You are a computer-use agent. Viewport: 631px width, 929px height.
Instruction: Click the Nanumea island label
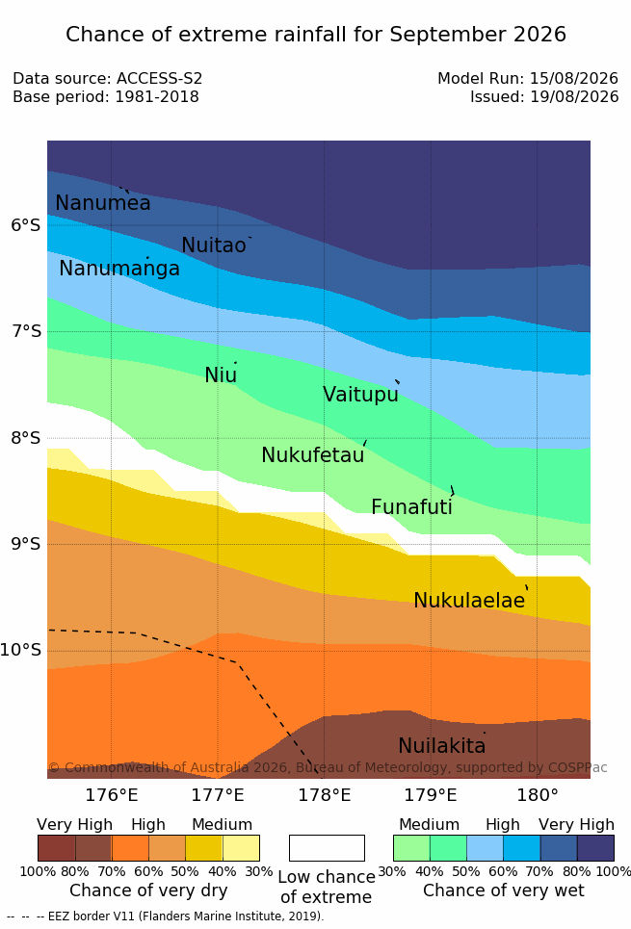tap(102, 202)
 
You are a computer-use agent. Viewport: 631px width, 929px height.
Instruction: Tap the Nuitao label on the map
tap(214, 245)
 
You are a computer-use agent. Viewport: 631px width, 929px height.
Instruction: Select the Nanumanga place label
tap(119, 269)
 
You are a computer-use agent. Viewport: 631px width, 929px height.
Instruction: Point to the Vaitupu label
tap(360, 394)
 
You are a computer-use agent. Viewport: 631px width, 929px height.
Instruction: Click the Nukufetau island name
tap(312, 454)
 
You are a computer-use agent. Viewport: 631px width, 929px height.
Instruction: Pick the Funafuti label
tap(411, 506)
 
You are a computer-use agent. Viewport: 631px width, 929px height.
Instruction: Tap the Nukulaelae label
tap(469, 600)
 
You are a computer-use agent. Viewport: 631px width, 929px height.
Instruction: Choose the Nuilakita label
tap(442, 745)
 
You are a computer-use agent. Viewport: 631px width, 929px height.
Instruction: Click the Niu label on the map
tap(221, 374)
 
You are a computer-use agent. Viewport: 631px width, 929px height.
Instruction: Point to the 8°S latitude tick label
tap(26, 438)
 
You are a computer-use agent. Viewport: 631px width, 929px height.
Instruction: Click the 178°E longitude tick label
tap(325, 794)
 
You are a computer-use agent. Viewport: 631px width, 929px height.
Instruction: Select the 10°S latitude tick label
tap(21, 650)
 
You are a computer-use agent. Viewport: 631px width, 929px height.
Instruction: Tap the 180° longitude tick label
tap(538, 794)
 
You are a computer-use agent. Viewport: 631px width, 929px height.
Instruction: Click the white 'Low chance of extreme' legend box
tap(327, 848)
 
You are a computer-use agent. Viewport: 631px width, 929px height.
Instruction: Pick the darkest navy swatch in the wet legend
tap(595, 848)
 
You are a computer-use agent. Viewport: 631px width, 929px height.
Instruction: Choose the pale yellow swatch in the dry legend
tap(241, 848)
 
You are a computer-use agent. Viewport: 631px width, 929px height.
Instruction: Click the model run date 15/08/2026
tap(574, 78)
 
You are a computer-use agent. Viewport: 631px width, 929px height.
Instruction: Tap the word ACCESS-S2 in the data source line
tap(160, 78)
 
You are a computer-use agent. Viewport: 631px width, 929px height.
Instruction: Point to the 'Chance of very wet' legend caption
tap(504, 890)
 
